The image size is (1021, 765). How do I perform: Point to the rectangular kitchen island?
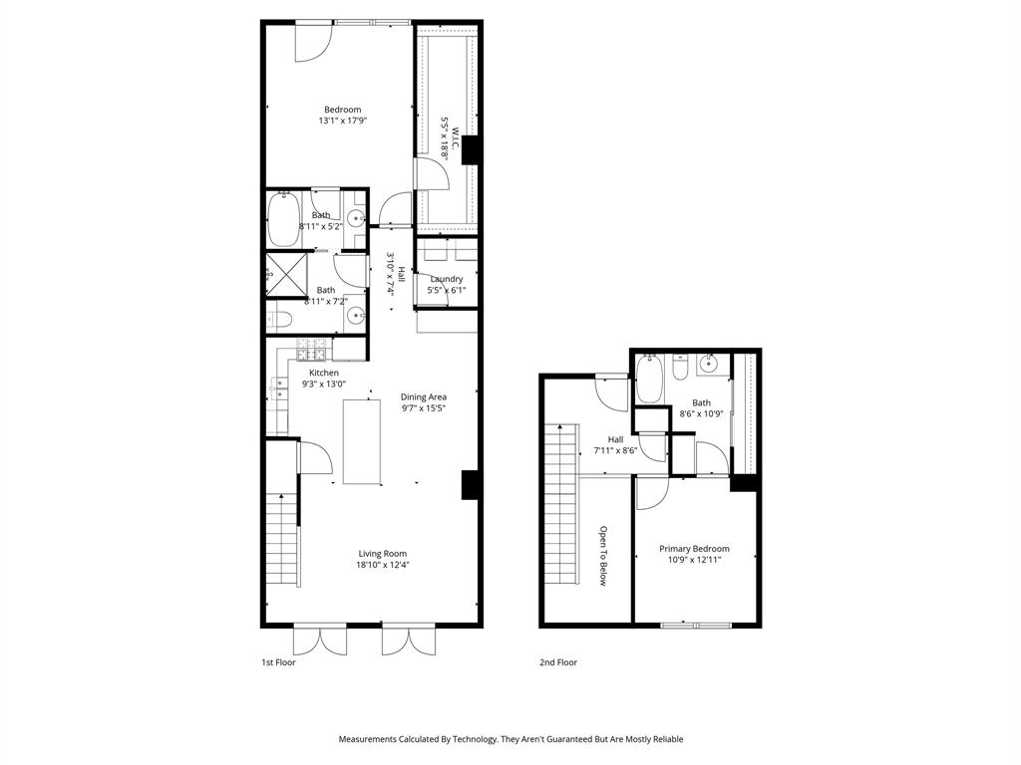coord(362,441)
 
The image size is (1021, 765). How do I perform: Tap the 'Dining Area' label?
coord(423,396)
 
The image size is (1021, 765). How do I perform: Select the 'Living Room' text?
coord(383,554)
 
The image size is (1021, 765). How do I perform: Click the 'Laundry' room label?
coord(446,279)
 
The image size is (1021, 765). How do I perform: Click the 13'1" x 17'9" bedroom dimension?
coord(342,121)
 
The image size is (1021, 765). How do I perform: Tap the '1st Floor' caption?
coord(278,662)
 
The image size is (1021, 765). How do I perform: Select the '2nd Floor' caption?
coord(559,662)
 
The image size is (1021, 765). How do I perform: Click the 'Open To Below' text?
coord(603,556)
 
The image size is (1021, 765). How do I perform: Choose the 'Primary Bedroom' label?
coord(694,549)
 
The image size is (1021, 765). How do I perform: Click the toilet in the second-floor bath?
coord(679,370)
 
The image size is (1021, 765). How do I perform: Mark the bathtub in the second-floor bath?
coord(649,379)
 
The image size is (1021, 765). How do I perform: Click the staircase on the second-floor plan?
coord(561,504)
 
